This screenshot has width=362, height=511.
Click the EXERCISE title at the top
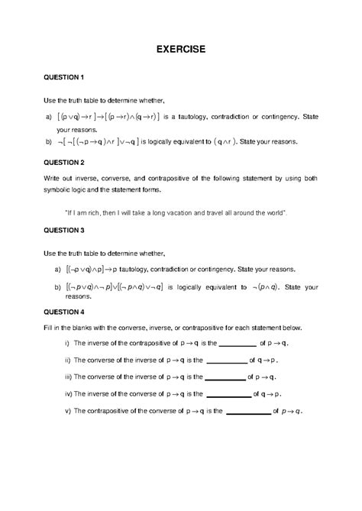click(181, 49)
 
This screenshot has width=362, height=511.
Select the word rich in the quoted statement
click(103, 210)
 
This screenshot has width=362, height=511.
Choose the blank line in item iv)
click(229, 396)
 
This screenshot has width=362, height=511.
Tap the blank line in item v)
click(249, 412)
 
